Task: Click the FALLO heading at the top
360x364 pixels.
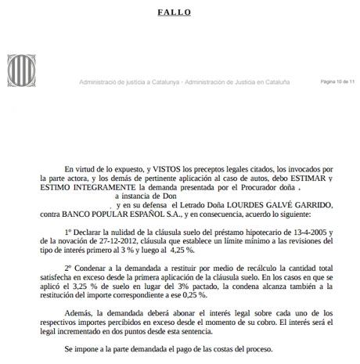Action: (179, 13)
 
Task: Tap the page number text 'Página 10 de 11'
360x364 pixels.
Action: (337, 81)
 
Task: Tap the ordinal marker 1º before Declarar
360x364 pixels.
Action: (69, 232)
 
